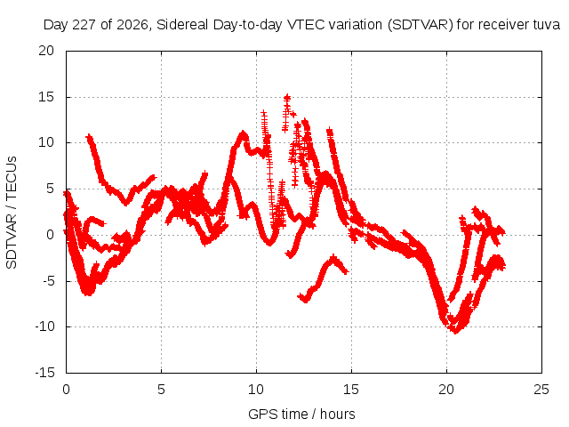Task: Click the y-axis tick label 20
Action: [46, 51]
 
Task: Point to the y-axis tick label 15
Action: [46, 97]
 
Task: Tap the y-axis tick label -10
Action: [44, 326]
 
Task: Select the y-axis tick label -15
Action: [44, 372]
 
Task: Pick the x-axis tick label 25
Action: [541, 390]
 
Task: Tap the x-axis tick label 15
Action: [351, 390]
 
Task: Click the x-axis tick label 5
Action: [161, 390]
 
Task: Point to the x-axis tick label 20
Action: [446, 390]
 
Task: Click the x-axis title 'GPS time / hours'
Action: [301, 414]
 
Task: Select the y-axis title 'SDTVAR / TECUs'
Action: [12, 213]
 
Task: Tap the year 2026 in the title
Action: [132, 25]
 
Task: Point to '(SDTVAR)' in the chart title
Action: [421, 25]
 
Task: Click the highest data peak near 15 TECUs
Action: [287, 97]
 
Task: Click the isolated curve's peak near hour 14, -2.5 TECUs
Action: [333, 258]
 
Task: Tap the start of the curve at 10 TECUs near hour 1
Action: [89, 137]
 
